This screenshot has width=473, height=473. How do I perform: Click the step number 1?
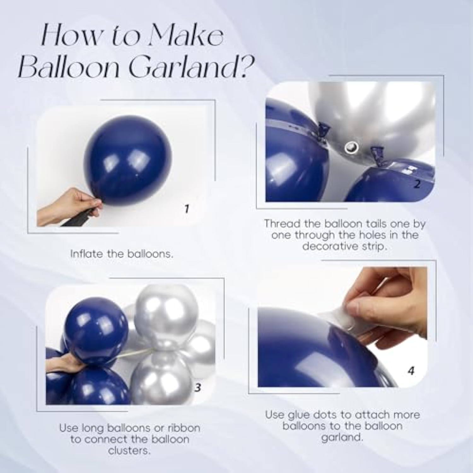pos(187,209)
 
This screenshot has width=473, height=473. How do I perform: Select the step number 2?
pos(417,184)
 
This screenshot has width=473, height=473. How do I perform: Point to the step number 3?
pos(198,387)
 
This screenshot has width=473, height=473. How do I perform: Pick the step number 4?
pos(411,371)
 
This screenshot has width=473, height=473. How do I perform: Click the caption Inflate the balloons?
pos(122,254)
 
